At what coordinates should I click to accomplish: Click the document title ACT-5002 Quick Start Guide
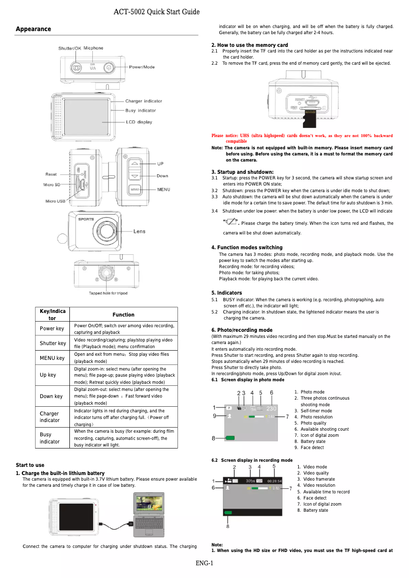tap(156, 12)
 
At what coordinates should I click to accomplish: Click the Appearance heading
tap(34, 29)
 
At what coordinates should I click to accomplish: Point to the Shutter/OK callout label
tap(69, 48)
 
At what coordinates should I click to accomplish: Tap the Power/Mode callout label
tap(142, 67)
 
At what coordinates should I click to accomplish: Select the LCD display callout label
tap(139, 122)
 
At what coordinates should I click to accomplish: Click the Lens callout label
tap(139, 231)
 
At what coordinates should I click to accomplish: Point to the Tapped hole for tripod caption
tap(108, 293)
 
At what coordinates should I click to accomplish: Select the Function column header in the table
tap(123, 314)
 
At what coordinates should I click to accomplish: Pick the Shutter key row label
tap(53, 343)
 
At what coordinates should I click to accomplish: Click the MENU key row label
tap(53, 358)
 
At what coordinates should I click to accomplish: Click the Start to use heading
tap(30, 465)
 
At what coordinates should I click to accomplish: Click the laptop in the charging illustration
tap(148, 515)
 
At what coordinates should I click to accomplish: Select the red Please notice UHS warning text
tap(302, 138)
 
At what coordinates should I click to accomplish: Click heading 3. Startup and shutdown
tap(242, 172)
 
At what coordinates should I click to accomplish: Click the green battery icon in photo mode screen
tap(231, 438)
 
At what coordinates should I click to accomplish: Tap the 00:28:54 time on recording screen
tap(274, 481)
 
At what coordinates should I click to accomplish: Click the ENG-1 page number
tap(204, 563)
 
